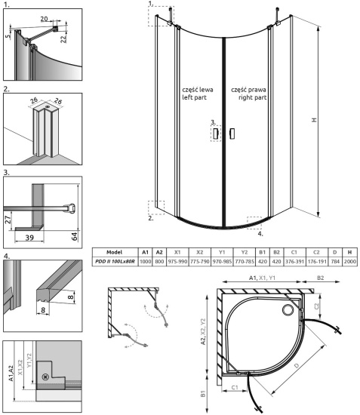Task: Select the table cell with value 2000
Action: click(x=349, y=260)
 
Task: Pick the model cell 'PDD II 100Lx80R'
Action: click(x=115, y=260)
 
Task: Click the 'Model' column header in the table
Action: click(x=115, y=252)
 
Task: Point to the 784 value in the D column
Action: click(x=334, y=260)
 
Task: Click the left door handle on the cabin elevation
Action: click(x=215, y=134)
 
